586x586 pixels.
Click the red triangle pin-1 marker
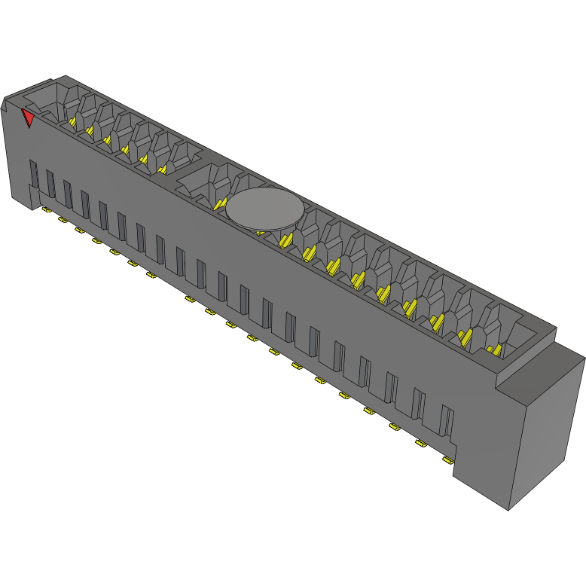tap(28, 118)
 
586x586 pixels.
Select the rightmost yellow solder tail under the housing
tap(448, 459)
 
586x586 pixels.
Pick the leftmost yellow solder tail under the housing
tap(45, 209)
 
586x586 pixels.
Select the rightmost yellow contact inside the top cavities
tap(494, 349)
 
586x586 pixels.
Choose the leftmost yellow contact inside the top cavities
tap(73, 121)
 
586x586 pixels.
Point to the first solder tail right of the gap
tap(189, 299)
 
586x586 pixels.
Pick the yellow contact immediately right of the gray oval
tap(285, 240)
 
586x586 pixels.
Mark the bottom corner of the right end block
tap(509, 509)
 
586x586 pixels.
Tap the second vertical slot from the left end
tap(50, 183)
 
